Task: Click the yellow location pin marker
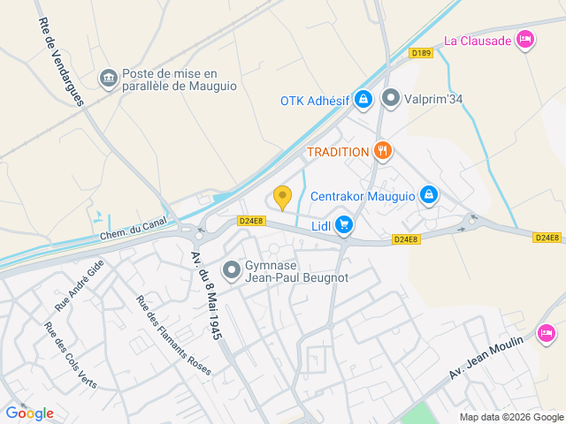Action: [282, 198]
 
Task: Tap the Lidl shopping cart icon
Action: [344, 227]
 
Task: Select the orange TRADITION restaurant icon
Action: [382, 151]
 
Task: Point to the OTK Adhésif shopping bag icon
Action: [362, 100]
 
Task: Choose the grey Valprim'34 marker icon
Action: [390, 100]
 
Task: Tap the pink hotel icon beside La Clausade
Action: [525, 39]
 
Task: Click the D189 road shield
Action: [421, 53]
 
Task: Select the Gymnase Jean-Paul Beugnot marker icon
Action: [232, 269]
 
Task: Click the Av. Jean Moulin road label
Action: [486, 353]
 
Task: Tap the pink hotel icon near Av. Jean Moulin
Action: [546, 332]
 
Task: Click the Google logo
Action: [29, 413]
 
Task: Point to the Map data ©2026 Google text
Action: [510, 417]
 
